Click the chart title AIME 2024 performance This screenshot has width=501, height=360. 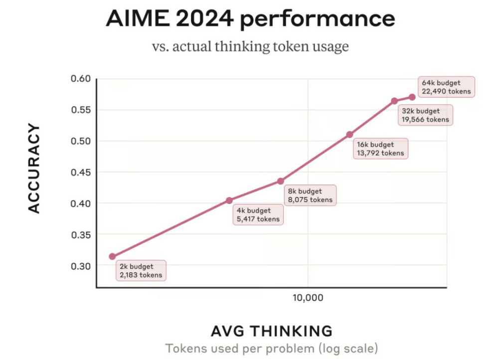[250, 19]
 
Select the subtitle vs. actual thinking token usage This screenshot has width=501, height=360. [250, 47]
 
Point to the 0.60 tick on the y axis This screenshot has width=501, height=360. [80, 79]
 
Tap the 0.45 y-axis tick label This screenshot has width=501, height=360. [80, 173]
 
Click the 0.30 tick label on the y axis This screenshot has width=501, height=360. [80, 266]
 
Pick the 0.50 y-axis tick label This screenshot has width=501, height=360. [80, 141]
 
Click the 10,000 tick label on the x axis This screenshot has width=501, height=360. [308, 298]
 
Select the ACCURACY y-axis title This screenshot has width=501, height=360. [33, 169]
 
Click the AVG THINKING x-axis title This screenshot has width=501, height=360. [271, 331]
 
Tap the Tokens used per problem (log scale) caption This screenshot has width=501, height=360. [271, 348]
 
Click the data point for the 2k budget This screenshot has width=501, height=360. [112, 256]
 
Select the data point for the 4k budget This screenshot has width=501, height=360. [229, 200]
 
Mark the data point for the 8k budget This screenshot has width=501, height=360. [281, 181]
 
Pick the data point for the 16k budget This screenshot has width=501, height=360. [349, 135]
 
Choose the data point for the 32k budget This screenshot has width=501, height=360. [394, 101]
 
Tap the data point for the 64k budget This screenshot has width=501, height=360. [412, 97]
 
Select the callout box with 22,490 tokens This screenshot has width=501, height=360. [446, 87]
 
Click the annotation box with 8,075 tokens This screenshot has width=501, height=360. [309, 195]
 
